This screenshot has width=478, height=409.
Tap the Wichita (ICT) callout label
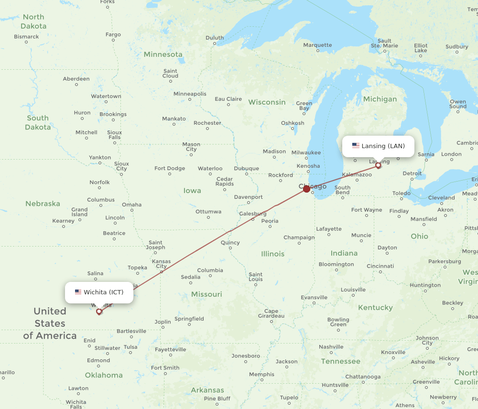pyautogui.click(x=99, y=292)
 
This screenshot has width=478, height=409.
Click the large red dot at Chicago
pyautogui.click(x=307, y=189)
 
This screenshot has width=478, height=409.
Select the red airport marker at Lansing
pyautogui.click(x=379, y=165)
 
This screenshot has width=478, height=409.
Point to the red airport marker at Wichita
pyautogui.click(x=99, y=312)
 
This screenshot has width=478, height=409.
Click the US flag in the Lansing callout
pyautogui.click(x=356, y=146)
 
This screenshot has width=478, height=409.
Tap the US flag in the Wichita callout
pyautogui.click(x=78, y=292)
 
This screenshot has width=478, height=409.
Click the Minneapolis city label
pyautogui.click(x=190, y=94)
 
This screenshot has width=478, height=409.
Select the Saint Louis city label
pyautogui.click(x=255, y=277)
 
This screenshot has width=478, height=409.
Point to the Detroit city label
pyautogui.click(x=412, y=173)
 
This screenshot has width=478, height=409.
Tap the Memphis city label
pyautogui.click(x=261, y=374)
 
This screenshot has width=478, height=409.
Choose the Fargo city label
pyautogui.click(x=113, y=34)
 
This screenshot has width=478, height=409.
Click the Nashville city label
pyautogui.click(x=331, y=347)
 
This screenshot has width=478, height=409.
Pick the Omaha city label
pyautogui.click(x=131, y=204)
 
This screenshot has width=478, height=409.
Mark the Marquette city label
pyautogui.click(x=317, y=45)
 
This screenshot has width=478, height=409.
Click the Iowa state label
pyautogui.click(x=192, y=191)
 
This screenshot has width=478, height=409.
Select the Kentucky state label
pyautogui.click(x=375, y=308)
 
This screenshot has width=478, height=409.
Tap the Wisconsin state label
pyautogui.click(x=267, y=102)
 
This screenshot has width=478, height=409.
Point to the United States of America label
pyautogui.click(x=50, y=323)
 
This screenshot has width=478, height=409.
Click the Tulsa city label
pyautogui.click(x=130, y=347)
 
